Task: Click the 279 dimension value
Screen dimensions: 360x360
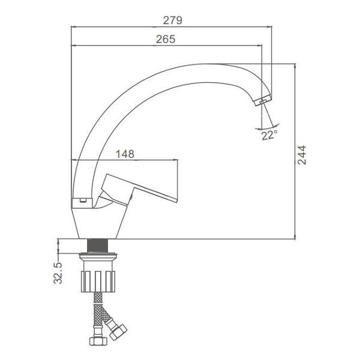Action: [173, 20]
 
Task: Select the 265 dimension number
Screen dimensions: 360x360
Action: [166, 39]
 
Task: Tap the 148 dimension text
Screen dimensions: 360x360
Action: [125, 154]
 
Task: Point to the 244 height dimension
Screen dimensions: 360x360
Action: [302, 155]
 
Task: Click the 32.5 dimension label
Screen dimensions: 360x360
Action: [58, 273]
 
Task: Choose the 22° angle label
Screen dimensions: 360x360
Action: [269, 135]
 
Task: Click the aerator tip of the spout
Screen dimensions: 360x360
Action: [263, 100]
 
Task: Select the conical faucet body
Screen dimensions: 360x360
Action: [99, 223]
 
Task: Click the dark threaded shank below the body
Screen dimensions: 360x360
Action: [98, 245]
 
